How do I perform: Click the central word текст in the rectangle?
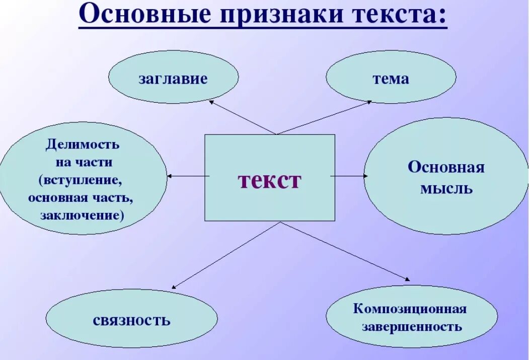(269, 180)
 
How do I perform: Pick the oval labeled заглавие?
(173, 78)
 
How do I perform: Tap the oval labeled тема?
(391, 78)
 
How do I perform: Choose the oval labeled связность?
(131, 319)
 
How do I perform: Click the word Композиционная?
(410, 308)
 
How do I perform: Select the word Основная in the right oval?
(446, 167)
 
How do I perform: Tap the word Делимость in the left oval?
(83, 145)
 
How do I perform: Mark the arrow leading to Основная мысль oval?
(349, 176)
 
